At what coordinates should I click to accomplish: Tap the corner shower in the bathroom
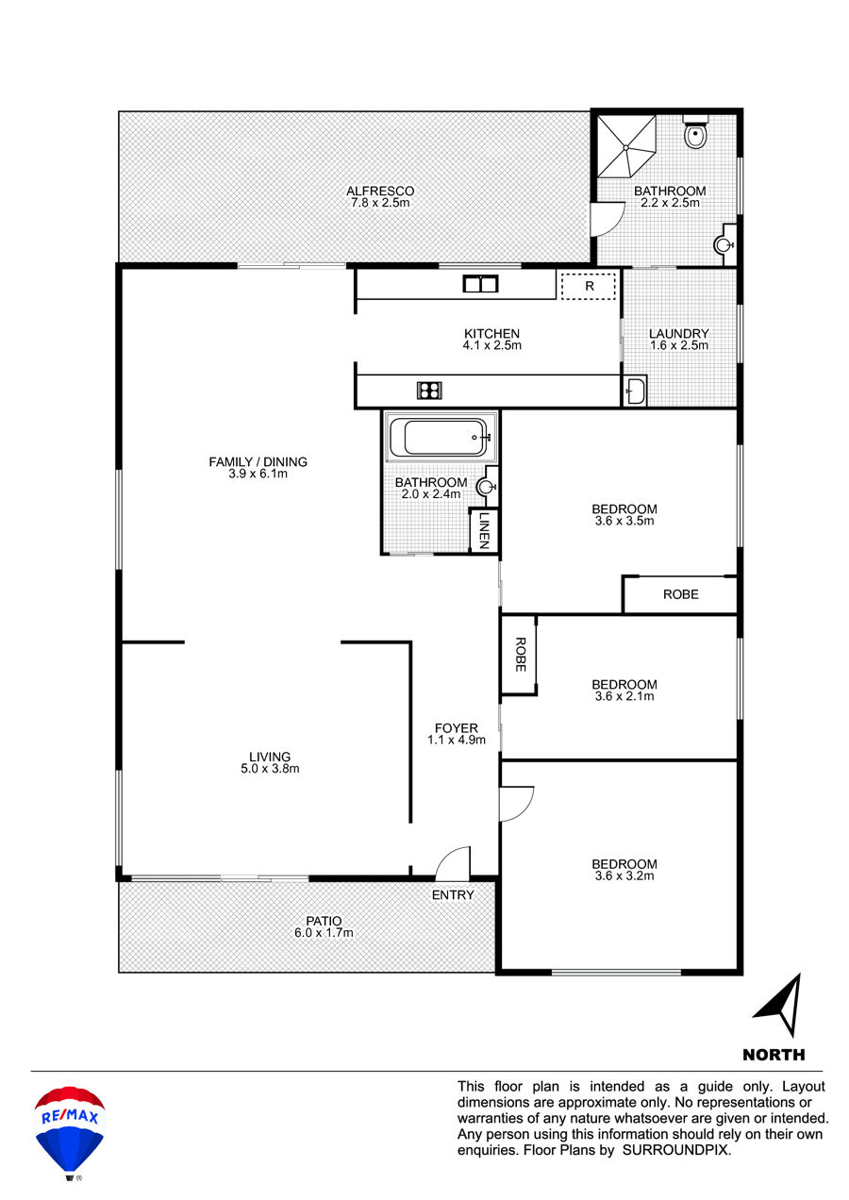click(x=626, y=145)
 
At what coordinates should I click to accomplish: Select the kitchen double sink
click(x=480, y=283)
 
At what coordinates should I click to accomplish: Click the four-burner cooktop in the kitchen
click(x=429, y=390)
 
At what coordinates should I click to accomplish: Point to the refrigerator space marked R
click(x=588, y=286)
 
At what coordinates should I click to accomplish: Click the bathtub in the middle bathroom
click(x=441, y=438)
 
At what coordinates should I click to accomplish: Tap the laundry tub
click(x=635, y=390)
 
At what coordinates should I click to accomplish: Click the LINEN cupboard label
click(x=484, y=530)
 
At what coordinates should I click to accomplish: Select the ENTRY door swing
click(x=453, y=863)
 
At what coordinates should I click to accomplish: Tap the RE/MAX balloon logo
click(x=70, y=1141)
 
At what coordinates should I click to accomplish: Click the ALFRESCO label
click(x=380, y=191)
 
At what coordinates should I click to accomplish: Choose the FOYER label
click(x=456, y=728)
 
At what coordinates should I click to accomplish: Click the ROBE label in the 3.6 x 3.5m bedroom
click(x=680, y=594)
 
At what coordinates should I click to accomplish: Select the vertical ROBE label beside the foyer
click(x=521, y=655)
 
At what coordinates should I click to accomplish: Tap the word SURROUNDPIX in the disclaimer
click(x=675, y=1150)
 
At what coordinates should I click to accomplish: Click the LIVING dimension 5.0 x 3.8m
click(x=270, y=769)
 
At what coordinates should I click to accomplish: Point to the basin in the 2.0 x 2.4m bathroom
click(x=487, y=487)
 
